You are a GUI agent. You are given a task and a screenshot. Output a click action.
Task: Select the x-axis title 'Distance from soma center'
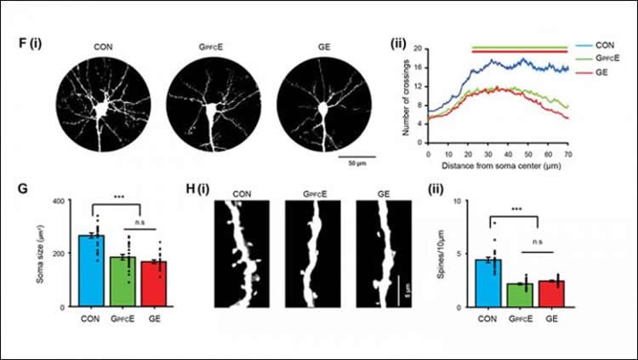[498, 164]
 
